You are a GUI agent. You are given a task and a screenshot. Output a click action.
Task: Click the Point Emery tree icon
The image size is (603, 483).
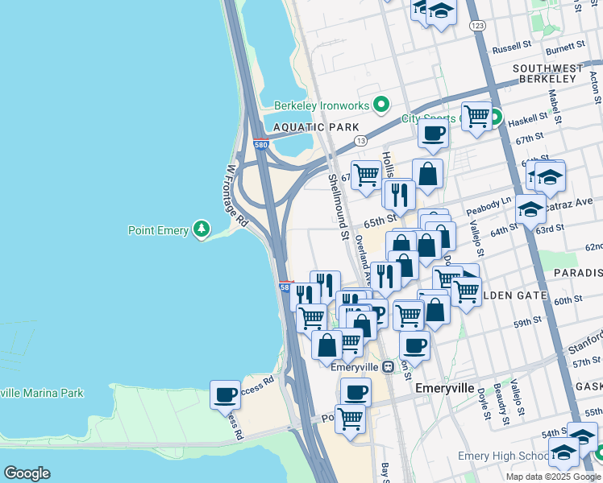click(x=202, y=230)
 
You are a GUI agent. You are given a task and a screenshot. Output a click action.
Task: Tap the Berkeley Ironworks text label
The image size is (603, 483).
click(x=321, y=105)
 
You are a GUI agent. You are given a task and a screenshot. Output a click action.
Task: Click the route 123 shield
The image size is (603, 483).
click(x=478, y=27)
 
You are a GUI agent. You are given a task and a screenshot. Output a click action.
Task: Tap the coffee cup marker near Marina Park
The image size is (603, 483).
click(x=225, y=395)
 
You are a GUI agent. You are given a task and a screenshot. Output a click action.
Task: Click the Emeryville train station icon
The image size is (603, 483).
click(x=388, y=366)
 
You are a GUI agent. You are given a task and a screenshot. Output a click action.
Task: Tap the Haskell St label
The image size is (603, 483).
click(x=528, y=119)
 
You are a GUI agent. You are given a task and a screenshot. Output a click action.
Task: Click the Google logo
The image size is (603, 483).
click(x=27, y=473)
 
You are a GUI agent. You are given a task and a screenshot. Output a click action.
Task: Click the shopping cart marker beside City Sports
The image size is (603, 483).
click(x=476, y=116)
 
